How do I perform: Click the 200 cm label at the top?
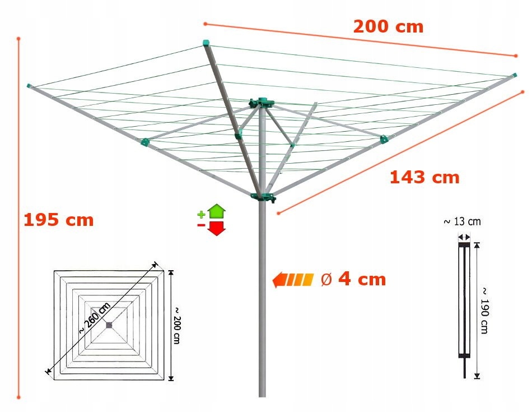tap(388, 26)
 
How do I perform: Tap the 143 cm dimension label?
tap(424, 178)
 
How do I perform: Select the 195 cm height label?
tap(58, 220)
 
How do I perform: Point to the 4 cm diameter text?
tap(354, 279)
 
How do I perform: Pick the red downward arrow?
tap(216, 228)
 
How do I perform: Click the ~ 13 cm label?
tap(462, 221)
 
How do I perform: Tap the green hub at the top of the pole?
tap(262, 103)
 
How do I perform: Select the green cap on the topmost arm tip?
tap(206, 42)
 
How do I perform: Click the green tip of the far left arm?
tap(29, 85)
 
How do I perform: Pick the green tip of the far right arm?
tap(514, 75)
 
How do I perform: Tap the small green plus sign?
tap(201, 215)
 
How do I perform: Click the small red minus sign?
tap(200, 225)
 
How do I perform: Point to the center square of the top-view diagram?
tap(109, 325)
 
